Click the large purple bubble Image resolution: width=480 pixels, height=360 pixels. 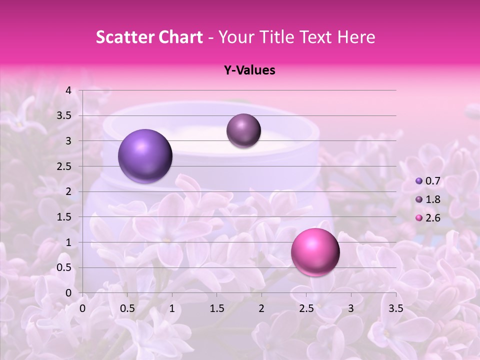click(145, 156)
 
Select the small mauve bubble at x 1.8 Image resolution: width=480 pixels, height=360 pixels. click(243, 130)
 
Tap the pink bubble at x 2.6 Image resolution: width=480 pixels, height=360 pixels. click(315, 252)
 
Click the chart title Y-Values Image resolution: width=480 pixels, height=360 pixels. click(249, 70)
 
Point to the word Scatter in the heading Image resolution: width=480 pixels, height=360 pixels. click(123, 37)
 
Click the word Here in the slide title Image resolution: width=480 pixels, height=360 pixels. click(355, 37)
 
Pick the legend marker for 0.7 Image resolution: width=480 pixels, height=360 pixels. click(419, 181)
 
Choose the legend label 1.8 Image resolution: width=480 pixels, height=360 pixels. click(433, 199)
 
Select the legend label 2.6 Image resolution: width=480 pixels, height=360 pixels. click(433, 218)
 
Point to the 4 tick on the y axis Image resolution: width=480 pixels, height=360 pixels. click(68, 90)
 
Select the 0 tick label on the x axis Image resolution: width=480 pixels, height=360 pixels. click(83, 308)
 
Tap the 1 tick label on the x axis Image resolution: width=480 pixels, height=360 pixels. click(172, 308)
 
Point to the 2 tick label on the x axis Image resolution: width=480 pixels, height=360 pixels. click(261, 308)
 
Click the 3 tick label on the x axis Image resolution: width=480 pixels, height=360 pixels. click(351, 308)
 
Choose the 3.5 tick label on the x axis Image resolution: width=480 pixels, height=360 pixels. click(395, 308)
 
